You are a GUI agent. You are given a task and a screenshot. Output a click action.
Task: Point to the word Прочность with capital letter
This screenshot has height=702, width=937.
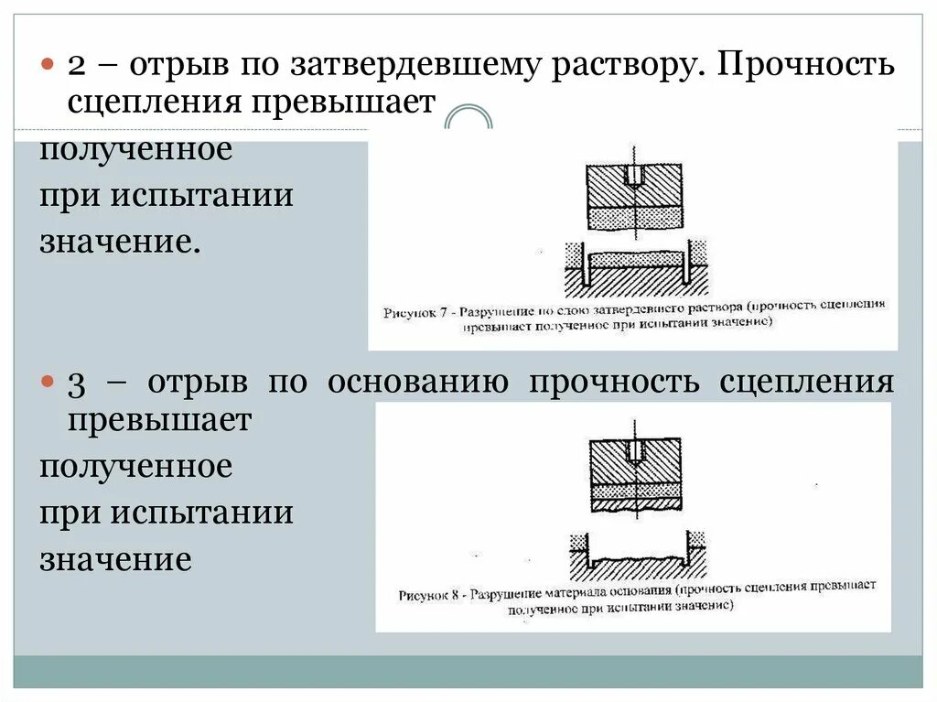807,66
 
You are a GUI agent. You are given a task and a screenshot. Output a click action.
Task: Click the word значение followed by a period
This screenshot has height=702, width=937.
119,243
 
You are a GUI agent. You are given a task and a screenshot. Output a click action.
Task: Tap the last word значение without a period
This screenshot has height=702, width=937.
115,559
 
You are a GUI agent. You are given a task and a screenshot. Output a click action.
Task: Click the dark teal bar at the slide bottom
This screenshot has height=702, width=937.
468,671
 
